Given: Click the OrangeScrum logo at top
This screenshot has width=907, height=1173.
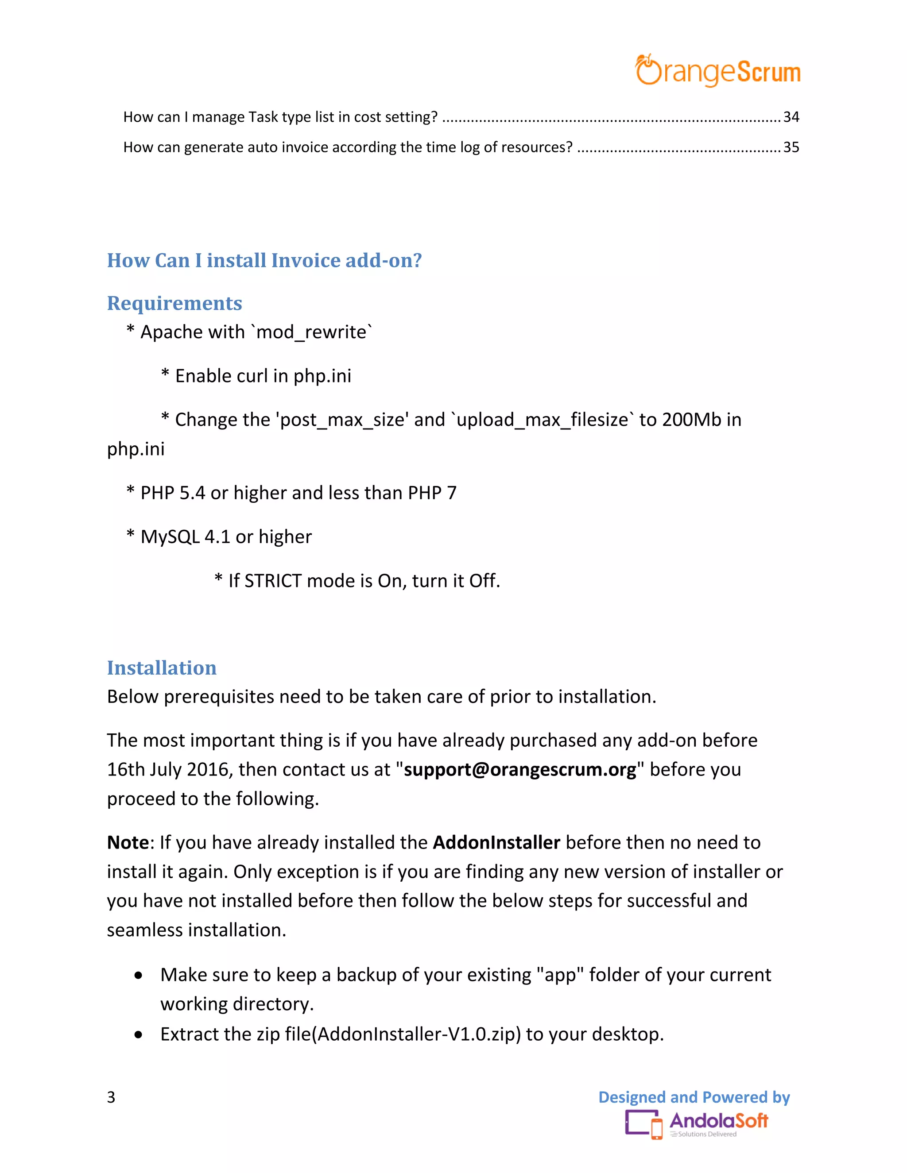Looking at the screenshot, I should coord(717,71).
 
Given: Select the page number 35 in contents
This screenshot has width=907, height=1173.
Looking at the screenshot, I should coord(791,147).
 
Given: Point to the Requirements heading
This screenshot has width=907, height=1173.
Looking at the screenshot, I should coord(174,304).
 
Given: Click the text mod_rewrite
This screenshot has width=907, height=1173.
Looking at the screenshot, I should coord(312,332).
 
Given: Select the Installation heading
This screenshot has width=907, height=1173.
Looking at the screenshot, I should coord(161,668).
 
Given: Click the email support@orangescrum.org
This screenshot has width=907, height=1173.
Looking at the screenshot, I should coord(519,770).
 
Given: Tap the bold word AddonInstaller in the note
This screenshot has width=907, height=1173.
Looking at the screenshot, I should coord(496,842).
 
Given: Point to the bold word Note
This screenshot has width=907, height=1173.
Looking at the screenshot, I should coord(128,842).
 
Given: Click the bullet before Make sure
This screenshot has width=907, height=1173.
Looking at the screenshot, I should coord(139,975).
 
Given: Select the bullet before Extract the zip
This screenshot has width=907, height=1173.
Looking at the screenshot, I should coord(139,1034).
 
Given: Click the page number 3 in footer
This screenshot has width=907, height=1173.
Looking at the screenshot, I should coord(111,1097).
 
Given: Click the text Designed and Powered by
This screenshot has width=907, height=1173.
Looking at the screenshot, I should coord(694,1097).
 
